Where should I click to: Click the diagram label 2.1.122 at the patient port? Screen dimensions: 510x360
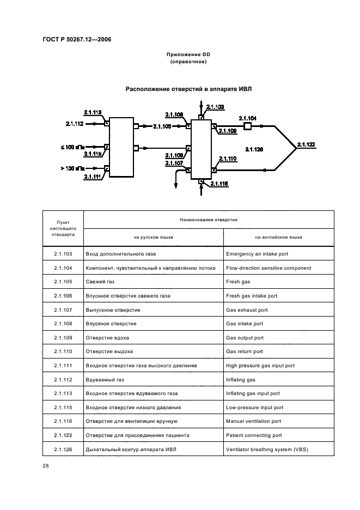[x=306, y=144]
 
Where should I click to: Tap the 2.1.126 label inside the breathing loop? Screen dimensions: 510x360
[x=254, y=149]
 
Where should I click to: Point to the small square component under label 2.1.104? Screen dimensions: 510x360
[x=247, y=126]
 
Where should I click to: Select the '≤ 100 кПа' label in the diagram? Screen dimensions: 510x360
[x=72, y=147]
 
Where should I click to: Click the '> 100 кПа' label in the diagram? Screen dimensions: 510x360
[x=72, y=168]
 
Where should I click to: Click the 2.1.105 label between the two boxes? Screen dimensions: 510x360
[x=162, y=126]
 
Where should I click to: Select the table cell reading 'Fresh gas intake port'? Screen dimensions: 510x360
[x=252, y=296]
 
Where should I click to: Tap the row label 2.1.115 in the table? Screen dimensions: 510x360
[x=63, y=408]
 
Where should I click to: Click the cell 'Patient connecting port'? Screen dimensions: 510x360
[x=254, y=435]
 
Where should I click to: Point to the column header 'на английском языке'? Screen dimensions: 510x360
[x=278, y=237]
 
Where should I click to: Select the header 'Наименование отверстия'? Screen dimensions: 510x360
[x=209, y=220]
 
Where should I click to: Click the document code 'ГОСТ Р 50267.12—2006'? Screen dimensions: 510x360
[x=77, y=39]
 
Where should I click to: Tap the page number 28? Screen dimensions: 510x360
[x=45, y=466]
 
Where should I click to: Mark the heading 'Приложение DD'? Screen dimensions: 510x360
[x=188, y=54]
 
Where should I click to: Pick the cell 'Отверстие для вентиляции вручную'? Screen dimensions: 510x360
[x=131, y=422]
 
